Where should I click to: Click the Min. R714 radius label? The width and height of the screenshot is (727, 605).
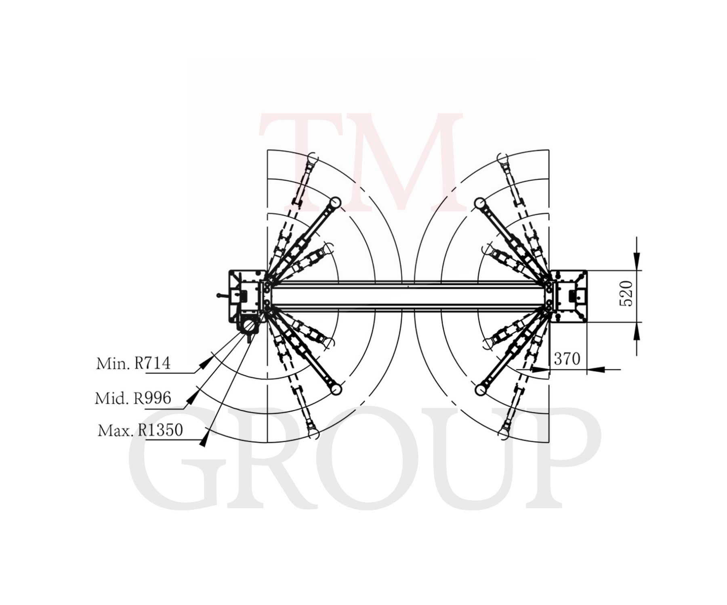[133, 363]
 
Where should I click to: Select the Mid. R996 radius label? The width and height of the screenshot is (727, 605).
[133, 398]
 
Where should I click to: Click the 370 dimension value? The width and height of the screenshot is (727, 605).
[567, 358]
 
